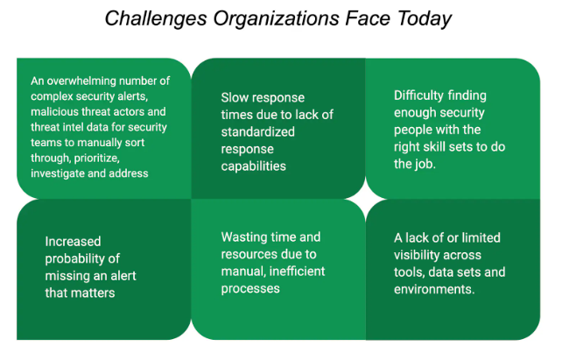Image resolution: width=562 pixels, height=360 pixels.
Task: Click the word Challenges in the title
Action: [x=156, y=19]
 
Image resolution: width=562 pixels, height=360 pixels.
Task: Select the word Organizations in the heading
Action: [x=277, y=19]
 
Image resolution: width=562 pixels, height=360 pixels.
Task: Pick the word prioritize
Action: [x=97, y=159]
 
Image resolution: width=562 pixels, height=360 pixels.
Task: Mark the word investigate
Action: [x=58, y=173]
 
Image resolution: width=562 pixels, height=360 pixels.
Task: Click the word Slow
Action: [x=233, y=97]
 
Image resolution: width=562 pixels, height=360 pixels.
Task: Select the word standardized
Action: [x=257, y=132]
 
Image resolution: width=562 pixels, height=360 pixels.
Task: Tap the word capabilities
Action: [x=253, y=166]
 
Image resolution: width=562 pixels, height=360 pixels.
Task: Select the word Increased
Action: [x=73, y=242]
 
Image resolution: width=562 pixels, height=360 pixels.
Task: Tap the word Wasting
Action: [x=243, y=237]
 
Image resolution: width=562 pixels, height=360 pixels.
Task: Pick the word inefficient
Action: [x=297, y=271]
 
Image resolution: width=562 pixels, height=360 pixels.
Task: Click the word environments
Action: [x=434, y=289]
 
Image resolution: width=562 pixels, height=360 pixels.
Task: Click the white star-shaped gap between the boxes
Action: [x=365, y=199]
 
